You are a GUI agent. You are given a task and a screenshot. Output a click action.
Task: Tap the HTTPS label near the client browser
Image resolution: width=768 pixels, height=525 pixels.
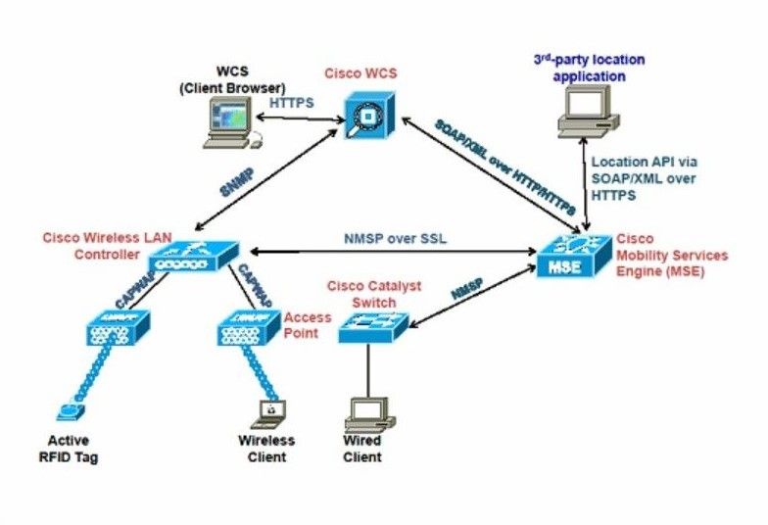click(291, 101)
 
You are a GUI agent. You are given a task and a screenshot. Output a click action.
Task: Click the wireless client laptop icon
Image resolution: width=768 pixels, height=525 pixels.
click(266, 411)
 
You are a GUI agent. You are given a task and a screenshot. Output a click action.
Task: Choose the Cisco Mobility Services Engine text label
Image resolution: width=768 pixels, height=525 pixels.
click(671, 256)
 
